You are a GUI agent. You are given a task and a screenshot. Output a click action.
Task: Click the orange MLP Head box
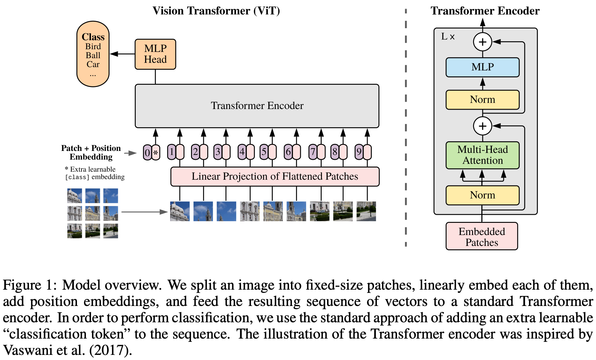tap(155, 54)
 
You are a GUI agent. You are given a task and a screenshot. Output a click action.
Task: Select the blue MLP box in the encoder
tap(482, 67)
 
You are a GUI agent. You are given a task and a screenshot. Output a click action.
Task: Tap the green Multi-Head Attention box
tap(482, 155)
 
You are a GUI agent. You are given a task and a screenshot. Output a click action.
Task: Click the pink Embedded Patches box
tap(482, 237)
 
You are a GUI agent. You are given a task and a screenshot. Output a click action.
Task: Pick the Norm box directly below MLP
tap(482, 100)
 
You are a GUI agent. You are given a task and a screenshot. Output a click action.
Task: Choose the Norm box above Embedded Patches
tap(482, 195)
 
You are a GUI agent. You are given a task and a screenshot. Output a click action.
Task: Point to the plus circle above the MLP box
tap(482, 42)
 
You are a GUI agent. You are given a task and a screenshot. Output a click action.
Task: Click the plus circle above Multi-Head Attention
tap(482, 126)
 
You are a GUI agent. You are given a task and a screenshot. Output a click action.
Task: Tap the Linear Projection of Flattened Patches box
tap(275, 176)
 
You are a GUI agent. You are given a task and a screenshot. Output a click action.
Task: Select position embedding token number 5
tap(264, 152)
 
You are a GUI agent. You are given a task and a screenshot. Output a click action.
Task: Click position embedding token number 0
tap(147, 153)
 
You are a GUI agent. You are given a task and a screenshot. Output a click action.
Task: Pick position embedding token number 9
tap(359, 152)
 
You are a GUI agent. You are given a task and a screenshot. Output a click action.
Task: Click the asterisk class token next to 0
tap(156, 153)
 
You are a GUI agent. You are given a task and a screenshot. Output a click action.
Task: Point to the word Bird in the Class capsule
tap(93, 47)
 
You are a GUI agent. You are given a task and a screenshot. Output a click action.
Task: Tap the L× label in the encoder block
tap(448, 37)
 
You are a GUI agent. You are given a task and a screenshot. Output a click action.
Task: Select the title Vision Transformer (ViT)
tap(216, 11)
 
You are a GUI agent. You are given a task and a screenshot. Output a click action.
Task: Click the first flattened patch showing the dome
tap(180, 211)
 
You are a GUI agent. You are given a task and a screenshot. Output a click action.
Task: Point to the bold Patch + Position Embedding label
tap(91, 153)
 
